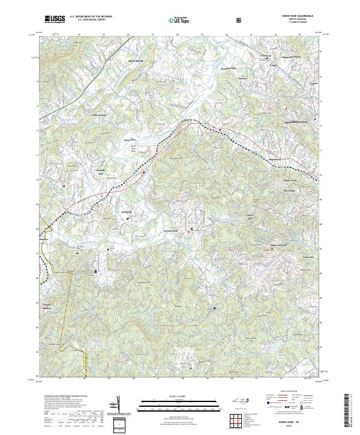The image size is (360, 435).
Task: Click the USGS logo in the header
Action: coord(55,20)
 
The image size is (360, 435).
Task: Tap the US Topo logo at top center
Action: coord(181,20)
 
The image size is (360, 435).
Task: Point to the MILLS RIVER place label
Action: coord(136,61)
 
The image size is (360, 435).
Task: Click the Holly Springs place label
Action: coord(99,115)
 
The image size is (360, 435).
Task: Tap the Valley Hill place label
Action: coord(307,256)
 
